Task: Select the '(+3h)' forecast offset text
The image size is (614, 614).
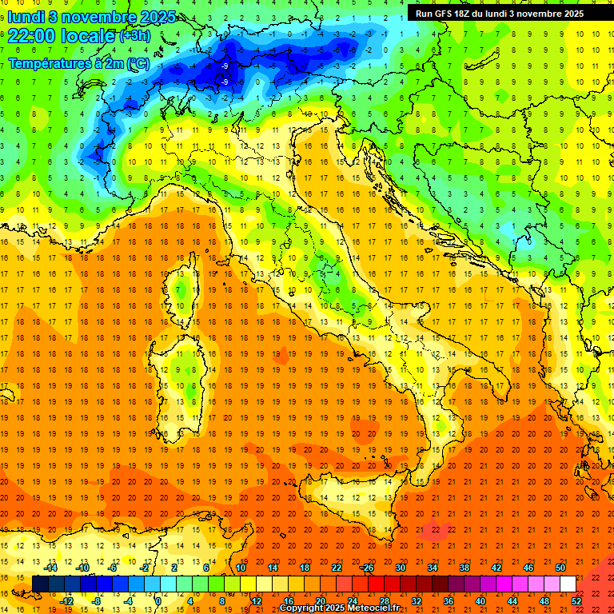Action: (134, 36)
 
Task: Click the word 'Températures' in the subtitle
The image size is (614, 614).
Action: (47, 62)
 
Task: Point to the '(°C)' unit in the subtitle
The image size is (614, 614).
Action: (136, 62)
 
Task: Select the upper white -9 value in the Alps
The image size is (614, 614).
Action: (225, 66)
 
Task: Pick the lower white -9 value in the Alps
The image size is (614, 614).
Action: (225, 82)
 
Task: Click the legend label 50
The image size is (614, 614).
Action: (560, 568)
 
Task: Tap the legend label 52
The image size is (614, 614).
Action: (576, 600)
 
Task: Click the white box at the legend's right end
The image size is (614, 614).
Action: (568, 584)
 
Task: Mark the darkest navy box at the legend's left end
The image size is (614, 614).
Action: (40, 584)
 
